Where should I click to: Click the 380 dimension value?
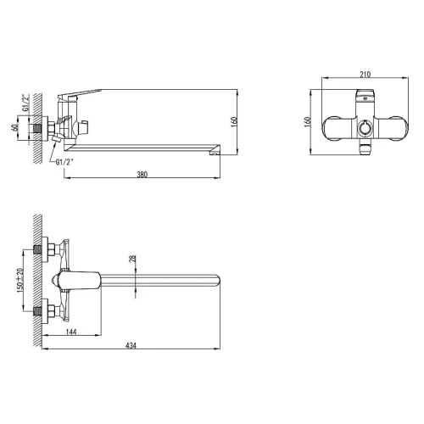[142, 175]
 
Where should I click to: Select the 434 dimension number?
[131, 345]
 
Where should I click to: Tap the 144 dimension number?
[71, 332]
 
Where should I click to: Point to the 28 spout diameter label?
[132, 259]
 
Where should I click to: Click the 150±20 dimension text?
[20, 280]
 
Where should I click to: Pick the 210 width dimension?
[365, 75]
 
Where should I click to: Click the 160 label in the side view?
[234, 122]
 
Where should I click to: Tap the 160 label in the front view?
[308, 122]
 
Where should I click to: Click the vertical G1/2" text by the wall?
[25, 103]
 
